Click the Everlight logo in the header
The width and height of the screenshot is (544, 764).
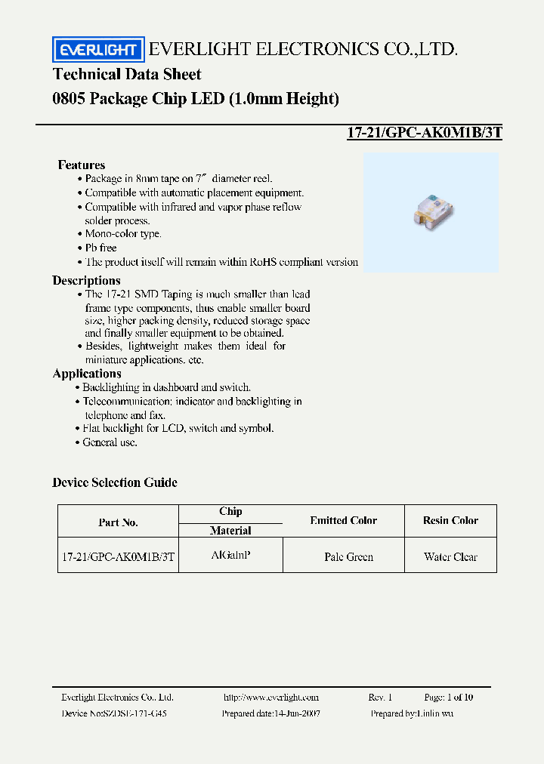point(97,50)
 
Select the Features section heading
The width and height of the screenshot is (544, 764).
point(82,165)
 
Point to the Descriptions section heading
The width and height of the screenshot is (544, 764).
point(86,280)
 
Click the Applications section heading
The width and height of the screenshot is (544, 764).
point(87,373)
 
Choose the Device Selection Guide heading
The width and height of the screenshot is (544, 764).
point(115,482)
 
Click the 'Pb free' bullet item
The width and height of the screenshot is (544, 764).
point(101,248)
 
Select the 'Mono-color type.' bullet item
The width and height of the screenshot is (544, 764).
point(123,234)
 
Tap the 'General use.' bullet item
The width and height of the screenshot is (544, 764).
point(110,442)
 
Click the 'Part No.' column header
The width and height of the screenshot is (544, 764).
point(118,522)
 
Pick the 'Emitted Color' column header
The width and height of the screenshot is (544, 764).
point(343,520)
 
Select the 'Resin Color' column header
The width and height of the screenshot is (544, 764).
point(450,520)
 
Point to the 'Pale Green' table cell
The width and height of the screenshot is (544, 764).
point(348,557)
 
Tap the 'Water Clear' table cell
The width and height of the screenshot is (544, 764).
point(450,557)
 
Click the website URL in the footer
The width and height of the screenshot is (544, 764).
point(271,698)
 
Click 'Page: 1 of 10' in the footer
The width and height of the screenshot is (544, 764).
point(449,698)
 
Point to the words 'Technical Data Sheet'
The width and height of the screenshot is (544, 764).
point(127,74)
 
